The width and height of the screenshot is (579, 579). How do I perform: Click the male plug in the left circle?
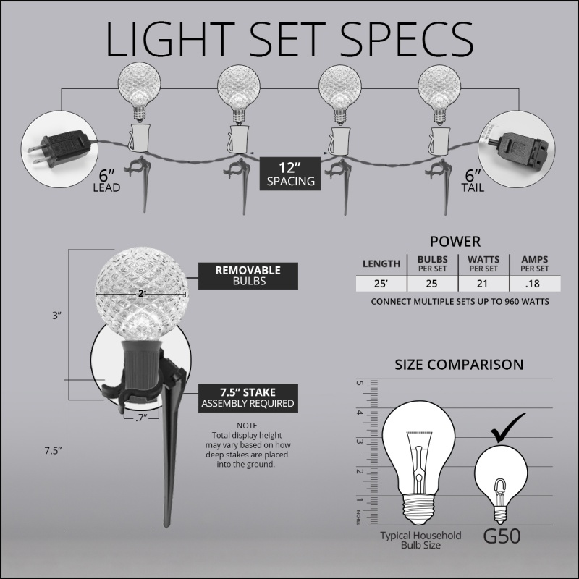(x=59, y=148)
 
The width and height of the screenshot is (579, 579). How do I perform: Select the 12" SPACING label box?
(x=290, y=174)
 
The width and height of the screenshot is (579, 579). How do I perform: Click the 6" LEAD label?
(x=106, y=181)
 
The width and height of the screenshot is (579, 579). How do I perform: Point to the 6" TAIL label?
(x=473, y=181)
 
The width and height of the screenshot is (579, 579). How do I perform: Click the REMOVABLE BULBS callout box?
(x=248, y=276)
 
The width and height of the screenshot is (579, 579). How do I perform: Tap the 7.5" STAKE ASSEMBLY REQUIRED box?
(x=248, y=397)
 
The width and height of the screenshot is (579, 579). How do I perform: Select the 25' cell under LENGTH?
(x=381, y=284)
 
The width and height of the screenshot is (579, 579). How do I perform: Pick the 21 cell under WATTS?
(x=483, y=284)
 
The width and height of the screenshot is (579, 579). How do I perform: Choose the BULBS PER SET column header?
(x=432, y=263)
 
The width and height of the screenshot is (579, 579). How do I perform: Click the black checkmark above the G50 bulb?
(x=507, y=428)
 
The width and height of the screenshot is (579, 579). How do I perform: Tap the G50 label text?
(x=502, y=536)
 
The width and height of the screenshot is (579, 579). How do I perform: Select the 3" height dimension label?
(x=56, y=316)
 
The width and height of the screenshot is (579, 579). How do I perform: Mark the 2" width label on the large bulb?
(x=141, y=294)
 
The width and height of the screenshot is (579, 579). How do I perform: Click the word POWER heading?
(x=455, y=242)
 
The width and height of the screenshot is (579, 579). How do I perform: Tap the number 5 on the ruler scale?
(x=360, y=383)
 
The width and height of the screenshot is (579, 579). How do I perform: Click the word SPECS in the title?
(x=406, y=40)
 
